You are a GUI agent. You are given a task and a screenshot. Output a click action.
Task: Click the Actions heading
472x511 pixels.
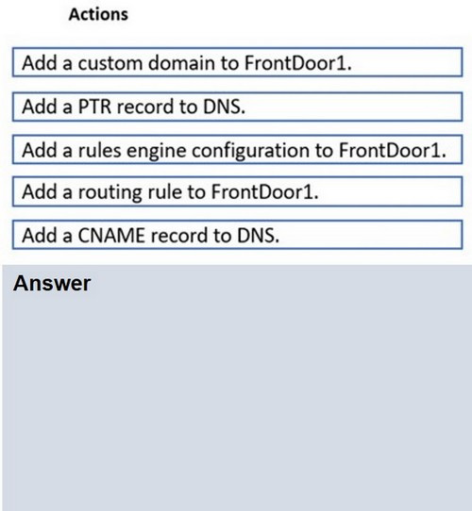pos(98,15)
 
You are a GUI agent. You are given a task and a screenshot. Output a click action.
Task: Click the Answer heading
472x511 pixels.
pos(52,283)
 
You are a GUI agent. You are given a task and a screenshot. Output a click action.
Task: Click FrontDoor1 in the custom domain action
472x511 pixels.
pos(297,62)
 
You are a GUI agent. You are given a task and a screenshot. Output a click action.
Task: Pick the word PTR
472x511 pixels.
pos(94,107)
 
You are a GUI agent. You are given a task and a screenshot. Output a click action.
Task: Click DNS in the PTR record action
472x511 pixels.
pos(224,107)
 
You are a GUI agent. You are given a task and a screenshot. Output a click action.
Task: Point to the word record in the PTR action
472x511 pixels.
pos(145,107)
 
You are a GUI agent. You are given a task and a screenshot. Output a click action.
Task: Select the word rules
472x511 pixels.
pos(99,150)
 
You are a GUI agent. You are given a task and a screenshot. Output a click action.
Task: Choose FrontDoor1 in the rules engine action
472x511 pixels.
pos(392,150)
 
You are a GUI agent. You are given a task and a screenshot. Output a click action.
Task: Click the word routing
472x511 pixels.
pos(110,192)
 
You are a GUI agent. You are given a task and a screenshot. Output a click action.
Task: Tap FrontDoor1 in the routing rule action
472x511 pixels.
pos(264,191)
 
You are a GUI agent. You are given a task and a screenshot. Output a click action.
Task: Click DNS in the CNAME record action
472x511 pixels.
pos(258,236)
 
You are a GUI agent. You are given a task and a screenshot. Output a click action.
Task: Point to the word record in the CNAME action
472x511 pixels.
pos(178,236)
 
